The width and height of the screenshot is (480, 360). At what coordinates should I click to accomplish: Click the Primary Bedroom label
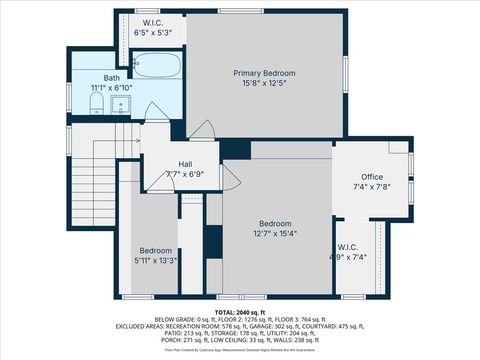(265, 73)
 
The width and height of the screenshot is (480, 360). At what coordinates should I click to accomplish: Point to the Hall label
(185, 164)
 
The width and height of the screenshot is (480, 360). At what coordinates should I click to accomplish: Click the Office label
(370, 176)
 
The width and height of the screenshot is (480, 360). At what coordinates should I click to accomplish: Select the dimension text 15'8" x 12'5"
(265, 85)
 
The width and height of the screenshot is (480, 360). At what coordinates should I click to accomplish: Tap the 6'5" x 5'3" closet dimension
(153, 33)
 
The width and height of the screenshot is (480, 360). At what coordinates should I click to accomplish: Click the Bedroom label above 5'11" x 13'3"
(156, 250)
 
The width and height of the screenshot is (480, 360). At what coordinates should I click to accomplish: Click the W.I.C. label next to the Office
(348, 246)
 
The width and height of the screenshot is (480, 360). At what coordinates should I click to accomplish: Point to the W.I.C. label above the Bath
(153, 22)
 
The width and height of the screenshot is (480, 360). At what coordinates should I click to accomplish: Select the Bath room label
(112, 77)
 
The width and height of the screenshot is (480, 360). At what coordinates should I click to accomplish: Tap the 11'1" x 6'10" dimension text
(113, 88)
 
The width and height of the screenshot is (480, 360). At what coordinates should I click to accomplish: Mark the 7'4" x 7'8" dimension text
(370, 187)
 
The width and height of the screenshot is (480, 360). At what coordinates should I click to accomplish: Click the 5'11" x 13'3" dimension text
(156, 261)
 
